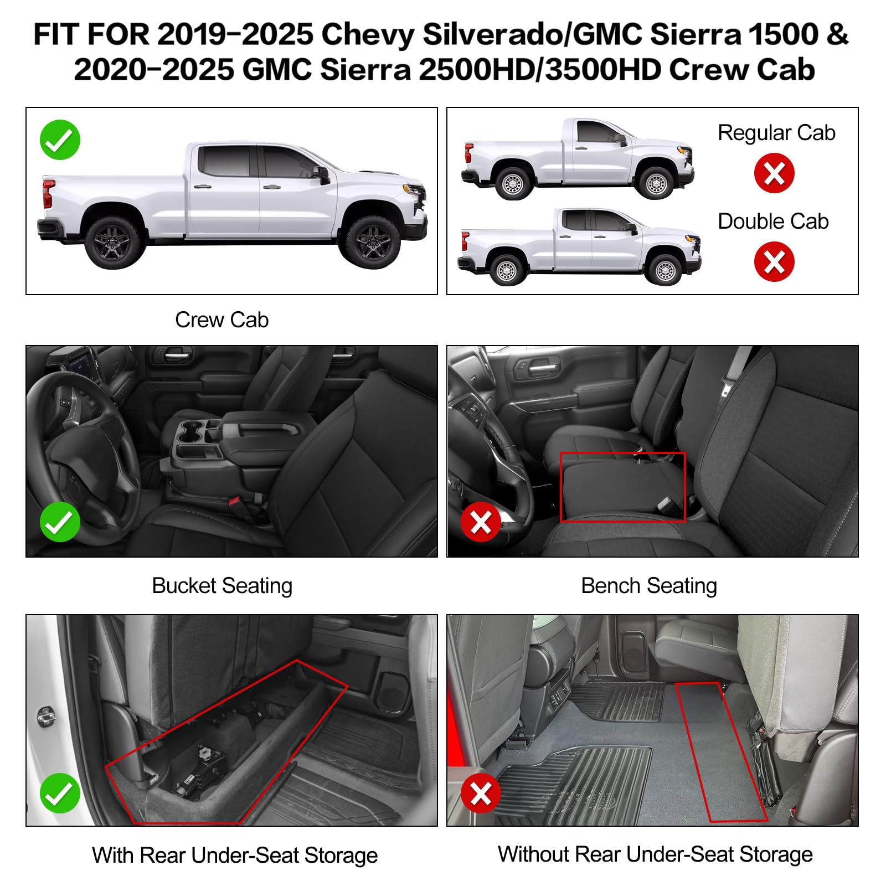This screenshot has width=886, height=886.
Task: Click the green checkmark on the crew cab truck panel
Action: pyautogui.click(x=60, y=140)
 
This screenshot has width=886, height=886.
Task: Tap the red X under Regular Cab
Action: pyautogui.click(x=774, y=173)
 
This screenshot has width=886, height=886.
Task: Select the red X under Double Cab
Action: pyautogui.click(x=774, y=261)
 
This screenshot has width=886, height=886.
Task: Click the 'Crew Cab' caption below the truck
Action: pyautogui.click(x=221, y=320)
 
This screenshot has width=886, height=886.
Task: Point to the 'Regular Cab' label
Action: pyautogui.click(x=776, y=133)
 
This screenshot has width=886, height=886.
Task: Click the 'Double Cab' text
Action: pyautogui.click(x=773, y=221)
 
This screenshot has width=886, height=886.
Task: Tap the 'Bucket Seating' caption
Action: pyautogui.click(x=222, y=585)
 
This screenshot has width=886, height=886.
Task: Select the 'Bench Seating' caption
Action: pyautogui.click(x=649, y=585)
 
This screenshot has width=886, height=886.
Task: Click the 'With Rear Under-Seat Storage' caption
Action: pyautogui.click(x=235, y=855)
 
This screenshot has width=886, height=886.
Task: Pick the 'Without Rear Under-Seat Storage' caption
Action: pyautogui.click(x=655, y=854)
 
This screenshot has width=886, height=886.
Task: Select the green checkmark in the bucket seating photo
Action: pyautogui.click(x=60, y=522)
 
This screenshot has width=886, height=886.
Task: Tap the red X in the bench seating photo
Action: pyautogui.click(x=481, y=522)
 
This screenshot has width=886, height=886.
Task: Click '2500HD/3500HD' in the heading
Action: pyautogui.click(x=540, y=70)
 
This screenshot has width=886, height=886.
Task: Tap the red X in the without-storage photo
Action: pyautogui.click(x=481, y=793)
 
